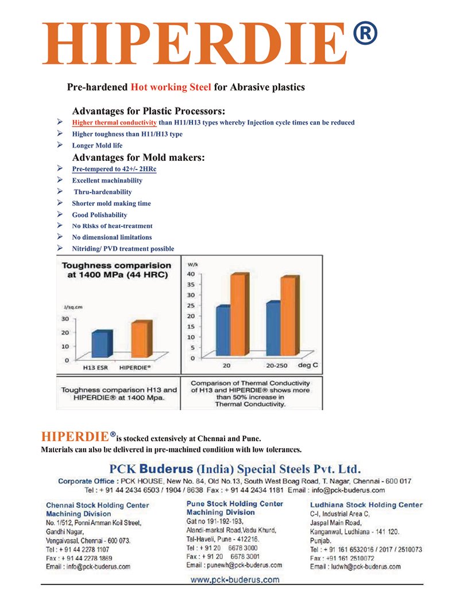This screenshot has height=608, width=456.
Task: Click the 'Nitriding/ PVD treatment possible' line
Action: coord(123,248)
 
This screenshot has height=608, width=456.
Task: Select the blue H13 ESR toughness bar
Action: coord(102,344)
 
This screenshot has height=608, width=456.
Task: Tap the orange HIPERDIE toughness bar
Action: coord(139,340)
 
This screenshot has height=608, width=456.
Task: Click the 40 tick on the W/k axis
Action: coord(191,274)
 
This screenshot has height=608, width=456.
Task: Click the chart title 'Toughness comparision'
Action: coord(116,266)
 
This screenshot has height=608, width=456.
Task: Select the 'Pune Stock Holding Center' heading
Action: coord(235,504)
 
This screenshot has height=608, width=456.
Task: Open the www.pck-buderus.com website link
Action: coord(235,579)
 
